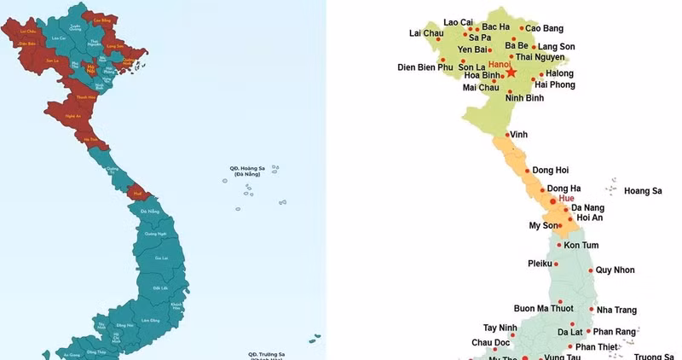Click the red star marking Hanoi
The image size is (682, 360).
[511, 73]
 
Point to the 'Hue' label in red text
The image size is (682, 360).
[566, 198]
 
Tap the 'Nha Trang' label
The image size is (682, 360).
[617, 310]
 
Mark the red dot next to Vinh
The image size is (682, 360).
[507, 134]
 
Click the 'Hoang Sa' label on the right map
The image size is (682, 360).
[643, 190]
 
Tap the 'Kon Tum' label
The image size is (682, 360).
[581, 245]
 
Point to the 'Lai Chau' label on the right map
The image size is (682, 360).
[426, 34]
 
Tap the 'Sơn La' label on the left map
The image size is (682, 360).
[51, 61]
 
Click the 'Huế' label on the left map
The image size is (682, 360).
[136, 194]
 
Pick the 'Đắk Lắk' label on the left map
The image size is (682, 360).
[159, 288]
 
